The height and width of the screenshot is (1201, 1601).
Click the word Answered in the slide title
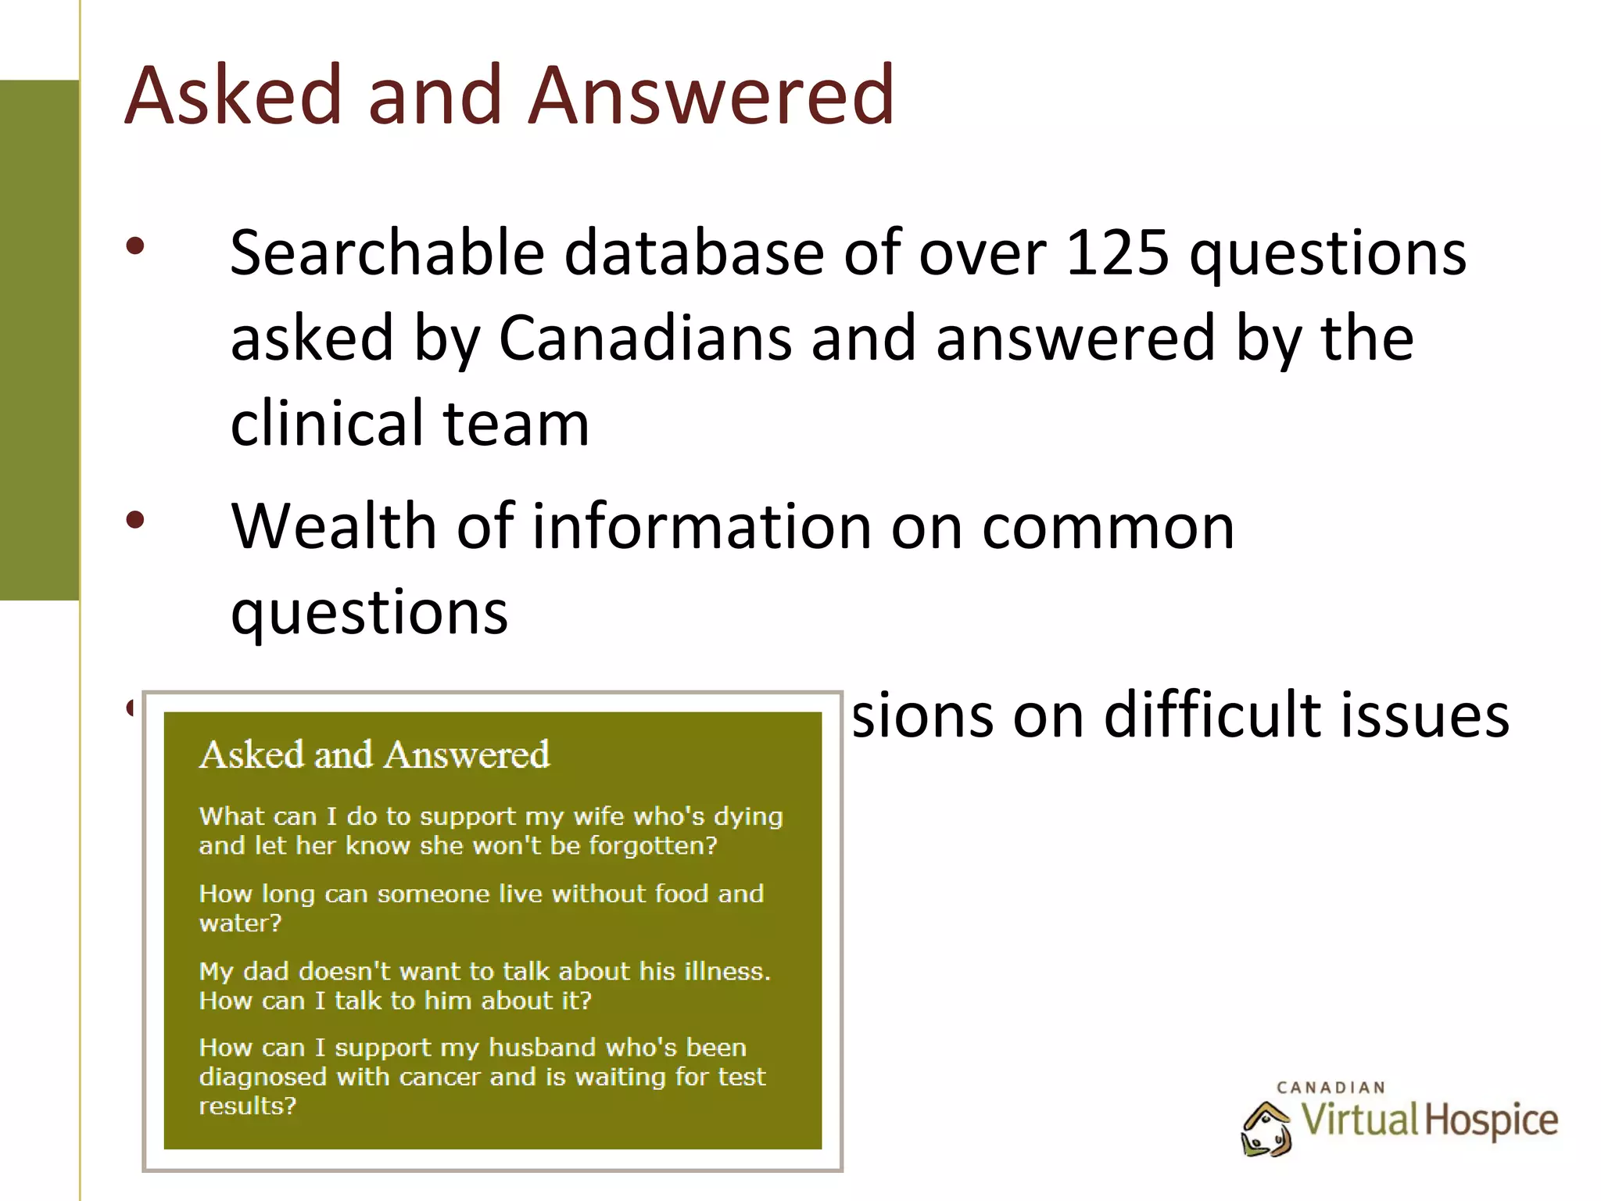tap(711, 95)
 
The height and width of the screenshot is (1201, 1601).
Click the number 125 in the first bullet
tap(1117, 253)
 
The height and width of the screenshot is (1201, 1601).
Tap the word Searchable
tap(387, 253)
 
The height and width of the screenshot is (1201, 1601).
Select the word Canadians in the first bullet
tap(645, 339)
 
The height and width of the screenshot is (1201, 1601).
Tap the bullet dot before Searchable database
tap(135, 247)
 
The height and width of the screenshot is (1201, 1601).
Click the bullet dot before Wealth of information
tap(135, 520)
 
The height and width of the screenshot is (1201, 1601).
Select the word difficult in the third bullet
tap(1211, 715)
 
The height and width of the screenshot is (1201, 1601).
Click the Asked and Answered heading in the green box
tap(374, 755)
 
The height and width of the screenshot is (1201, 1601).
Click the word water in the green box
tap(235, 923)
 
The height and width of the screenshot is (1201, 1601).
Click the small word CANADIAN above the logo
tap(1331, 1088)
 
